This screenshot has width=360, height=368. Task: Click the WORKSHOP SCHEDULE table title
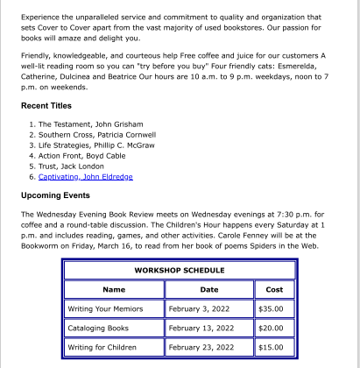click(179, 270)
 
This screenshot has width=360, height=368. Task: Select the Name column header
click(114, 289)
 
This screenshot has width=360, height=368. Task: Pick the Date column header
click(209, 289)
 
